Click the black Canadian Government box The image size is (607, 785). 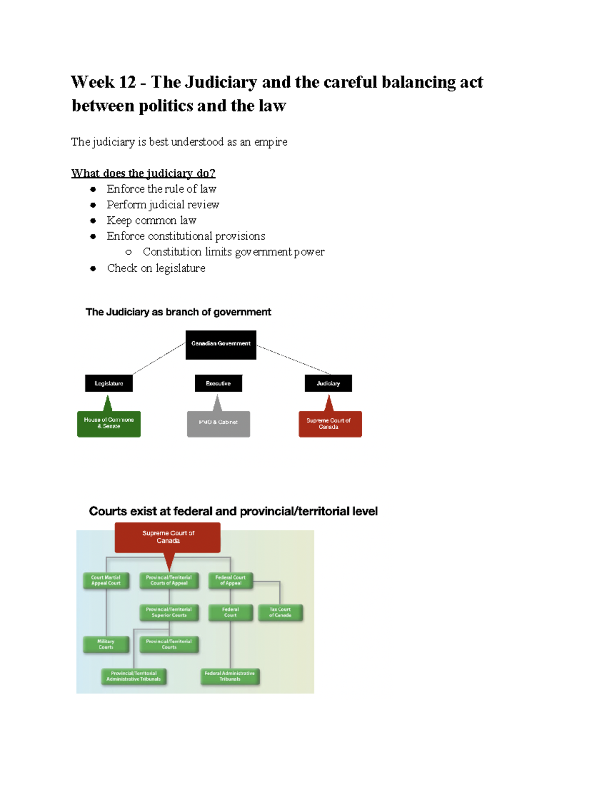pyautogui.click(x=221, y=345)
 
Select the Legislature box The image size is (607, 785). pyautogui.click(x=109, y=383)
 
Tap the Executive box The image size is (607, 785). pyautogui.click(x=219, y=383)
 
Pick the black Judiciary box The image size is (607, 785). pyautogui.click(x=328, y=383)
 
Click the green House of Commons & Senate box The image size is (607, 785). pyautogui.click(x=109, y=424)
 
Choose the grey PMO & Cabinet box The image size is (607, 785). pyautogui.click(x=219, y=424)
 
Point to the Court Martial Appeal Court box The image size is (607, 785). pyautogui.click(x=106, y=580)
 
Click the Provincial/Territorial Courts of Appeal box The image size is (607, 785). pyautogui.click(x=169, y=580)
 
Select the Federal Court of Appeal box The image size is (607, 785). pyautogui.click(x=230, y=580)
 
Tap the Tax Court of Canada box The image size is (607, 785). pyautogui.click(x=280, y=612)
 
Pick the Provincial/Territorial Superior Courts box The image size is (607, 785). pyautogui.click(x=169, y=612)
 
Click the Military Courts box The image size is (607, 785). pyautogui.click(x=106, y=644)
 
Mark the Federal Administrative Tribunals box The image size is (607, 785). pyautogui.click(x=230, y=676)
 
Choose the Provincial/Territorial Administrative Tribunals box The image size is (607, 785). pyautogui.click(x=134, y=676)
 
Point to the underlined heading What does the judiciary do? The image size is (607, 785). pyautogui.click(x=143, y=173)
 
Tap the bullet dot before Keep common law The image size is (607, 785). pyautogui.click(x=93, y=221)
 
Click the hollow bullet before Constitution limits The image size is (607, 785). pyautogui.click(x=128, y=252)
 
